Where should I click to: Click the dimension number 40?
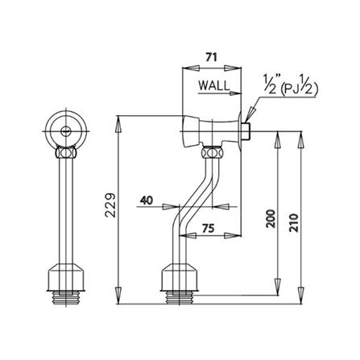pyautogui.click(x=147, y=200)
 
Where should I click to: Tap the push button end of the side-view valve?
pyautogui.click(x=188, y=128)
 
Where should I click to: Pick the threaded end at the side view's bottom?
pyautogui.click(x=182, y=296)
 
